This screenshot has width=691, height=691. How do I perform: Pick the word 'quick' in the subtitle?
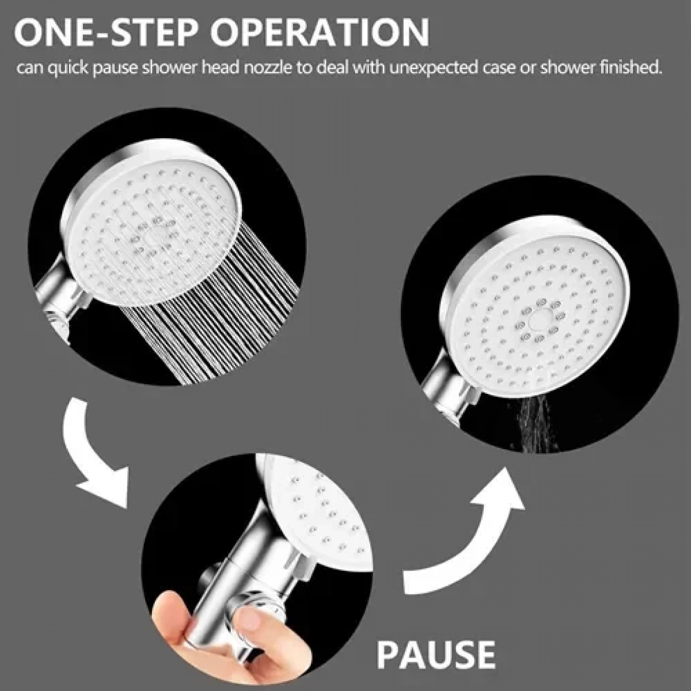point(67,69)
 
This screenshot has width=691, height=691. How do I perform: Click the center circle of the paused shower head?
point(538,320)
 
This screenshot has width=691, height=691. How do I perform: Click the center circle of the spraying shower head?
point(154,238)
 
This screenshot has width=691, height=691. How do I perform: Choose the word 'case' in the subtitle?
point(498,69)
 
